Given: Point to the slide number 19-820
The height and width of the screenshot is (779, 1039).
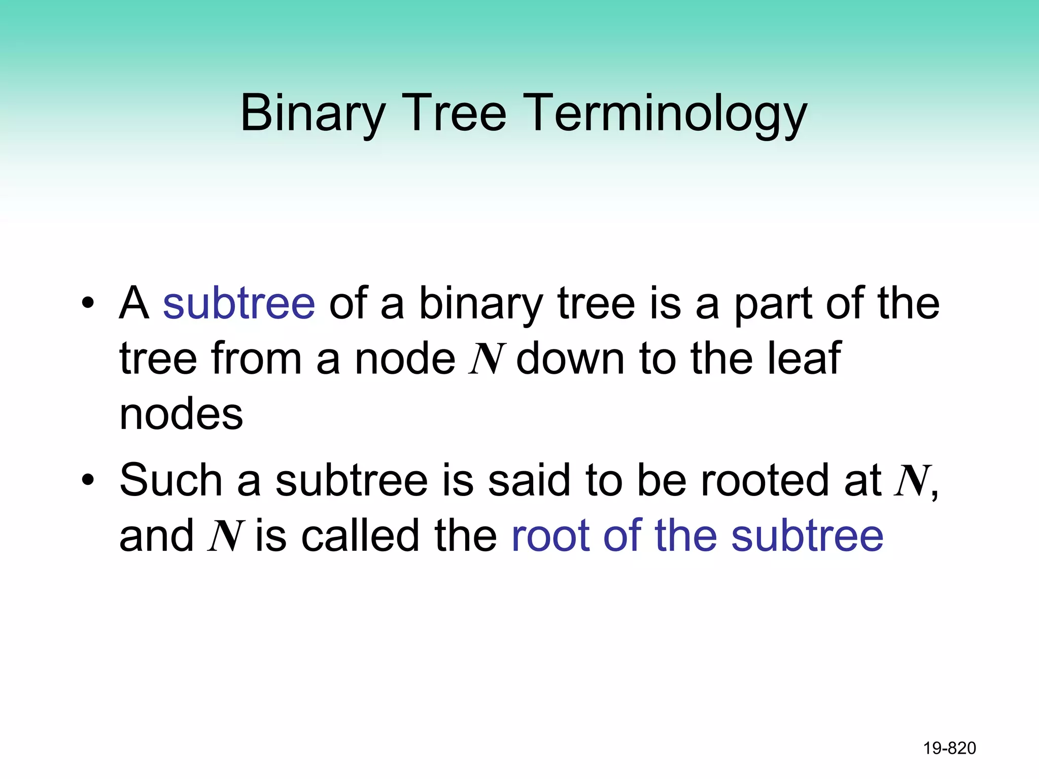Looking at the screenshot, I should click(x=949, y=748).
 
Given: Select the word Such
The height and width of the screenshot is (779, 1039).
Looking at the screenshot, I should click(x=171, y=480).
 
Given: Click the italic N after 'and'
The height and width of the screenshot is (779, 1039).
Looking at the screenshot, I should click(x=225, y=537).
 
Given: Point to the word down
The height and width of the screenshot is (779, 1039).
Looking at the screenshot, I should click(x=570, y=359).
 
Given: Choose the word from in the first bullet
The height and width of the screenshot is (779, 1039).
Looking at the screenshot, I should click(x=256, y=359).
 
